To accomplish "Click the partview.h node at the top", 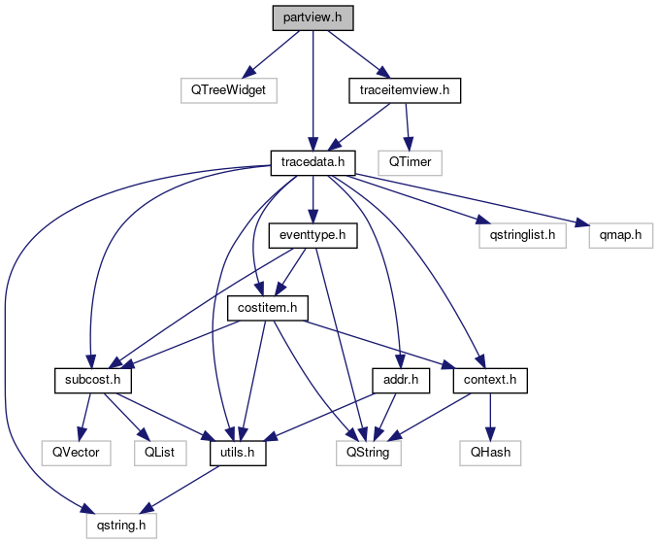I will coord(313,17).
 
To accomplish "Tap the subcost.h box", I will coord(92,379).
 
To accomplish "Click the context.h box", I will coord(489,379).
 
